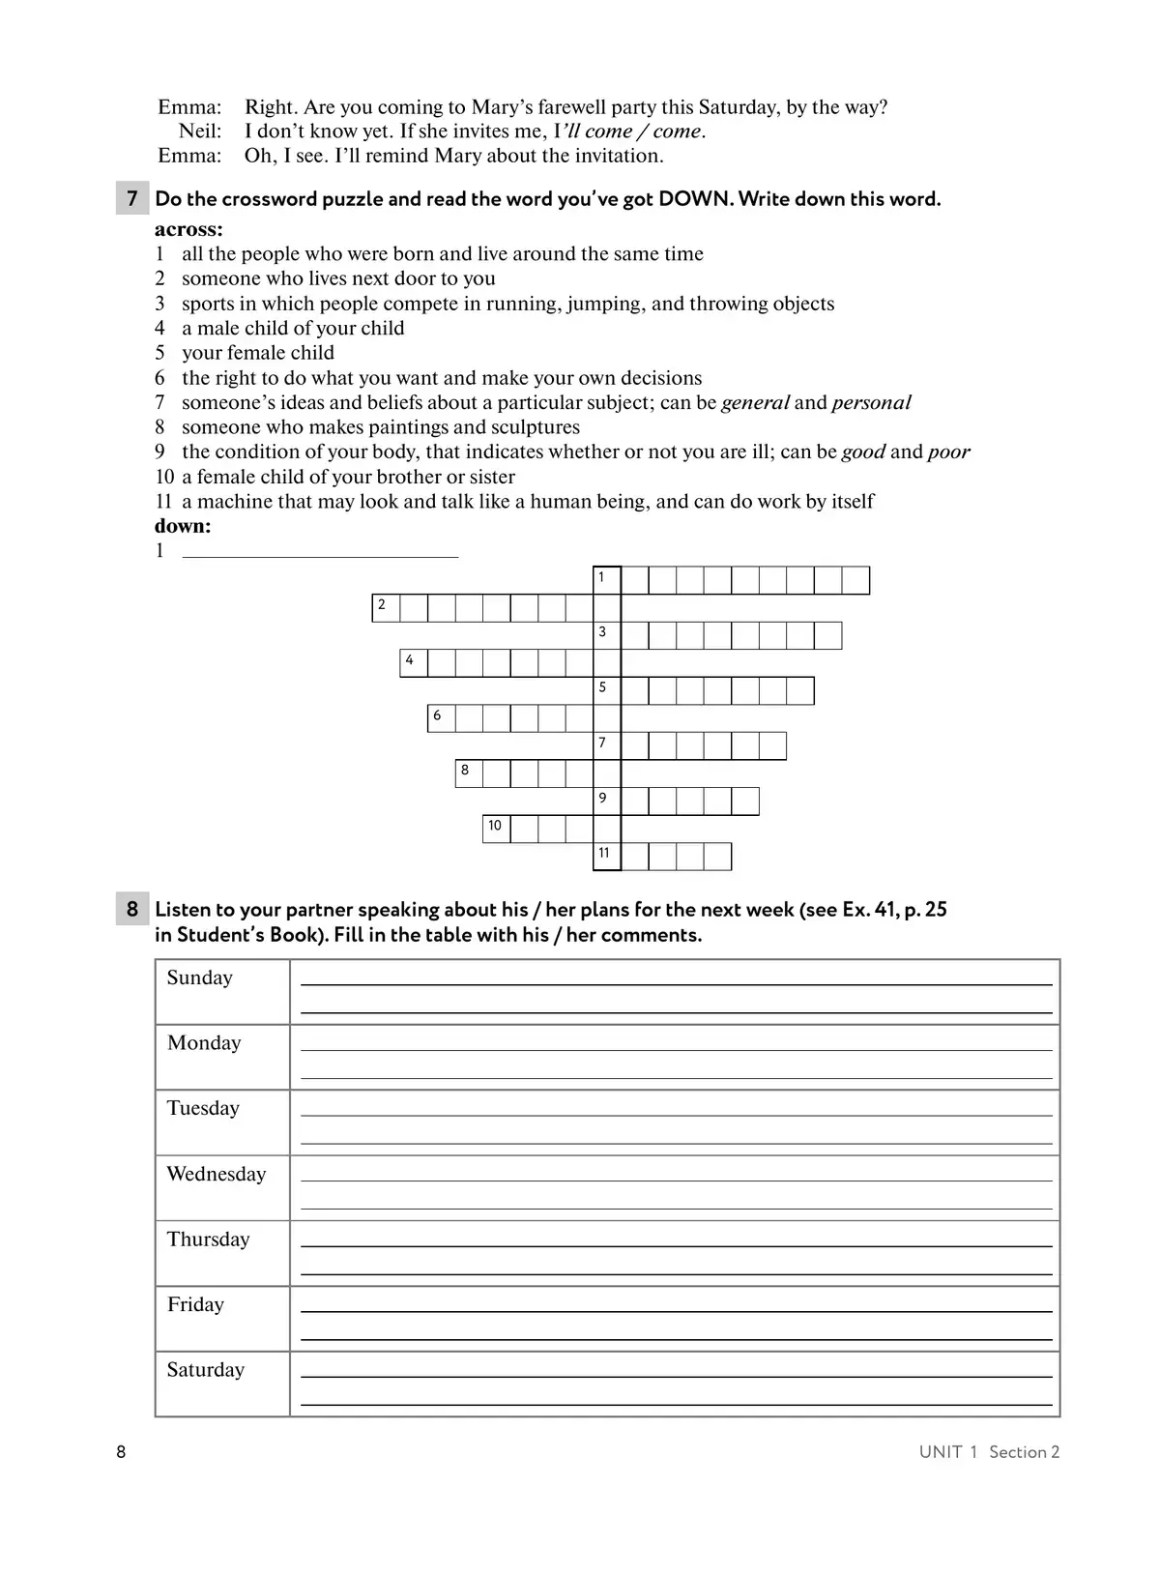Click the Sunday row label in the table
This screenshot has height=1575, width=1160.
pyautogui.click(x=200, y=977)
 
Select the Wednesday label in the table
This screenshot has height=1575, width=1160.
pyautogui.click(x=217, y=1174)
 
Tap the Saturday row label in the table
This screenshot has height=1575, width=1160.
pyautogui.click(x=206, y=1370)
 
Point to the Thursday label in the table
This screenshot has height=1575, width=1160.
pyautogui.click(x=208, y=1240)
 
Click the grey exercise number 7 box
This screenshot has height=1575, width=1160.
pyautogui.click(x=132, y=199)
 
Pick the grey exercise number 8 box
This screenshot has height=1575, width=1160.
pyautogui.click(x=132, y=910)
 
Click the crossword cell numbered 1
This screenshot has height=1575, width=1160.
pyautogui.click(x=607, y=580)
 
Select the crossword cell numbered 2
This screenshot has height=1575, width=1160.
pyautogui.click(x=386, y=608)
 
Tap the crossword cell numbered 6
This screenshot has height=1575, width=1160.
pyautogui.click(x=442, y=718)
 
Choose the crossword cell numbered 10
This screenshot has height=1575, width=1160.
pyautogui.click(x=497, y=829)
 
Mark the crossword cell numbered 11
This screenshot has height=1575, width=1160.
pyautogui.click(x=607, y=856)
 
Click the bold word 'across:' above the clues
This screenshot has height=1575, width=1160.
pyautogui.click(x=188, y=229)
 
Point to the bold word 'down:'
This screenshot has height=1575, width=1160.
pyautogui.click(x=183, y=526)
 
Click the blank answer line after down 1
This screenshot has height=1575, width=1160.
pyautogui.click(x=320, y=552)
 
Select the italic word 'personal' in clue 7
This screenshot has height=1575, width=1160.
pyautogui.click(x=871, y=402)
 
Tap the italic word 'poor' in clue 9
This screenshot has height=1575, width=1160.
pyautogui.click(x=948, y=452)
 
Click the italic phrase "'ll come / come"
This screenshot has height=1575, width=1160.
pyautogui.click(x=633, y=131)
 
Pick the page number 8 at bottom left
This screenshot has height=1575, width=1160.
pyautogui.click(x=121, y=1452)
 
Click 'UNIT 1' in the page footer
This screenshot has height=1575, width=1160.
pyautogui.click(x=948, y=1452)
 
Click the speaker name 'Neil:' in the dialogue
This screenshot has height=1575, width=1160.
pyautogui.click(x=200, y=131)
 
